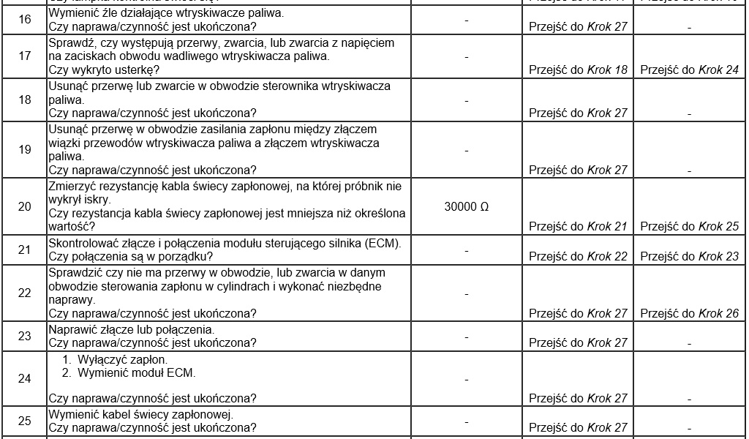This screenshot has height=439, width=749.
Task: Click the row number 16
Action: click(x=24, y=19)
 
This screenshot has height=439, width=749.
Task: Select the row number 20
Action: click(x=24, y=206)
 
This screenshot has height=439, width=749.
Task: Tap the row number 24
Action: click(x=24, y=379)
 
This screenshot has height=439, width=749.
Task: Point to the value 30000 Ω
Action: click(x=466, y=206)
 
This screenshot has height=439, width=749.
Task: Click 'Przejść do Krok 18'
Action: click(x=578, y=70)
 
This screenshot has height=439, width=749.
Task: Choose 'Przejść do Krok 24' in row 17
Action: click(x=689, y=70)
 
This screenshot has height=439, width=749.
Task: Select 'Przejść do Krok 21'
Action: click(x=578, y=227)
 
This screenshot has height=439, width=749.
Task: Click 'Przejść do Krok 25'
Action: click(x=689, y=227)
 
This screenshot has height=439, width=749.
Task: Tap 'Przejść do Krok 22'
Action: click(x=578, y=256)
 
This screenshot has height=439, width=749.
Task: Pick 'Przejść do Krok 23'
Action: click(x=689, y=256)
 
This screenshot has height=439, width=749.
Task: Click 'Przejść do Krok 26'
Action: click(x=689, y=313)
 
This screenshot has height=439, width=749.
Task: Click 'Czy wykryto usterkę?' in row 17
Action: click(x=103, y=70)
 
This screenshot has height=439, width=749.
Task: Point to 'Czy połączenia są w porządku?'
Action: click(x=130, y=256)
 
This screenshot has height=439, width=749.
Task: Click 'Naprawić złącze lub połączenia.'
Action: click(x=131, y=329)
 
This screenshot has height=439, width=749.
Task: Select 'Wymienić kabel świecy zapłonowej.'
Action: click(x=140, y=414)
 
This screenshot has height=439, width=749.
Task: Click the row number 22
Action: click(x=24, y=293)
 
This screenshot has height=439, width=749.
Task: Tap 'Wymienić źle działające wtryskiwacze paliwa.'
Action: click(x=167, y=13)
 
